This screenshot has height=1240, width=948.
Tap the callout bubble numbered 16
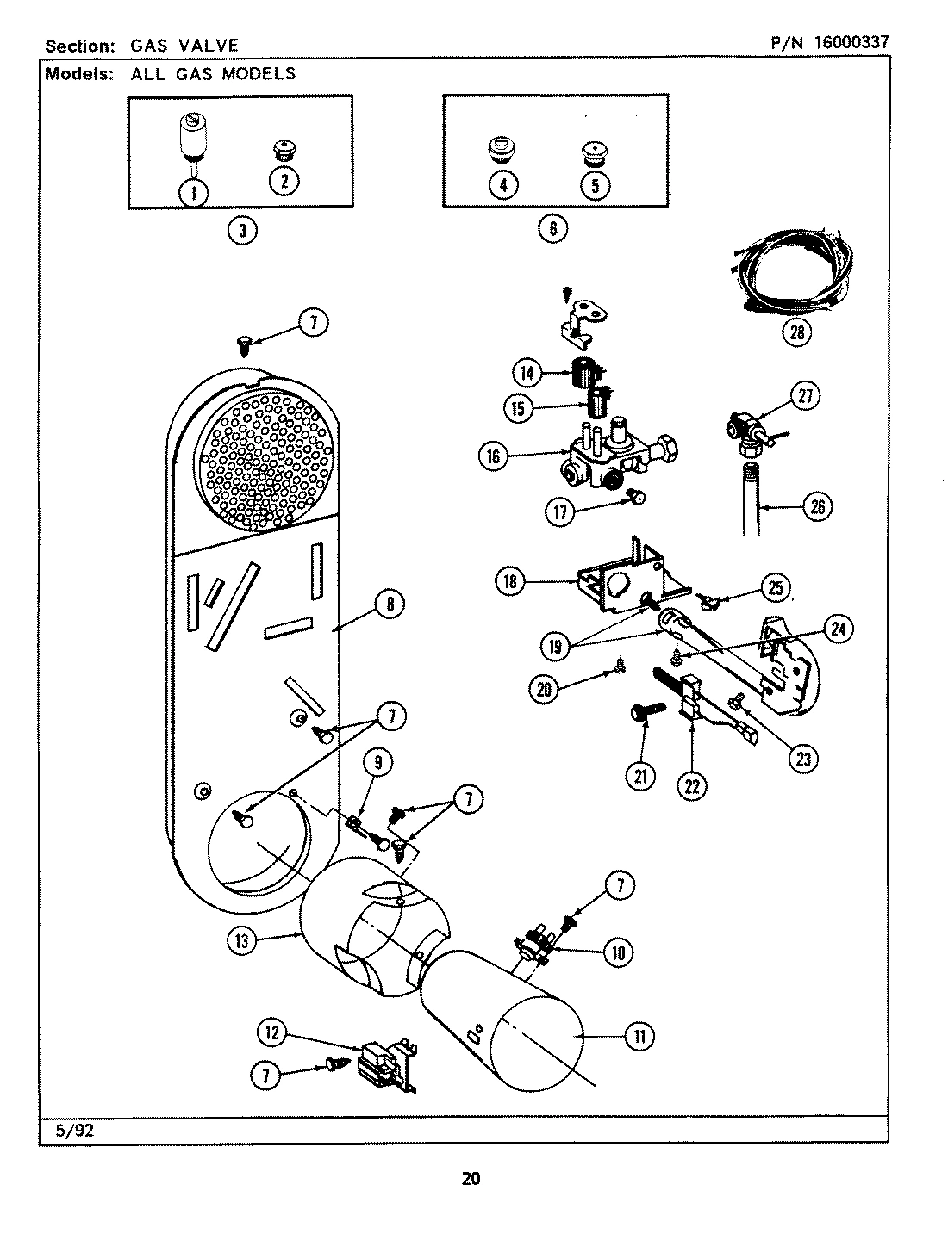click(x=494, y=456)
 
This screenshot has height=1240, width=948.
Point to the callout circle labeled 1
click(x=194, y=192)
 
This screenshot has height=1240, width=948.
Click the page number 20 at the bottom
click(x=471, y=1178)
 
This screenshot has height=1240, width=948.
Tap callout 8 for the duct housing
click(x=390, y=605)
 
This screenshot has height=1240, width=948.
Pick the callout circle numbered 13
click(x=243, y=941)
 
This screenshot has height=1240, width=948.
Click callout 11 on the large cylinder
click(x=639, y=1036)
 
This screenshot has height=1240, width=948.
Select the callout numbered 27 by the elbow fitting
click(x=804, y=396)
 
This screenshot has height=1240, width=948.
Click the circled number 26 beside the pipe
click(x=817, y=506)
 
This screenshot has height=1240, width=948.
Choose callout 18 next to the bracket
click(x=510, y=582)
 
